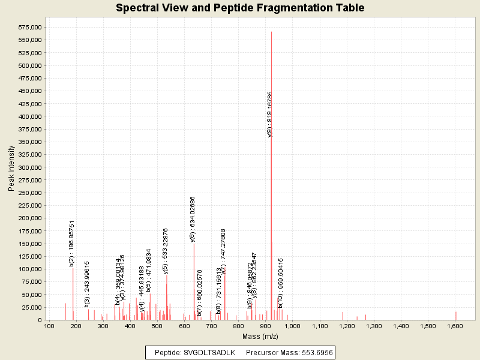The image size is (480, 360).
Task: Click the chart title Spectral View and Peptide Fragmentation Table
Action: (x=240, y=8)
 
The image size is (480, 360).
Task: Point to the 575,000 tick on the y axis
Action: (x=29, y=27)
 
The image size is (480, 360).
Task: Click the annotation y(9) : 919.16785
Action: (x=270, y=114)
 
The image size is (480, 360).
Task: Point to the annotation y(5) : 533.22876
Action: (x=166, y=251)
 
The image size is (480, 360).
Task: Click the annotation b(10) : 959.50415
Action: (x=280, y=283)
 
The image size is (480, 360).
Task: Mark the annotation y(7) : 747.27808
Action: (x=223, y=251)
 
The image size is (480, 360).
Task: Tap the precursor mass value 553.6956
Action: (x=314, y=352)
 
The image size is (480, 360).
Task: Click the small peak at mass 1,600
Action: (x=455, y=316)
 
